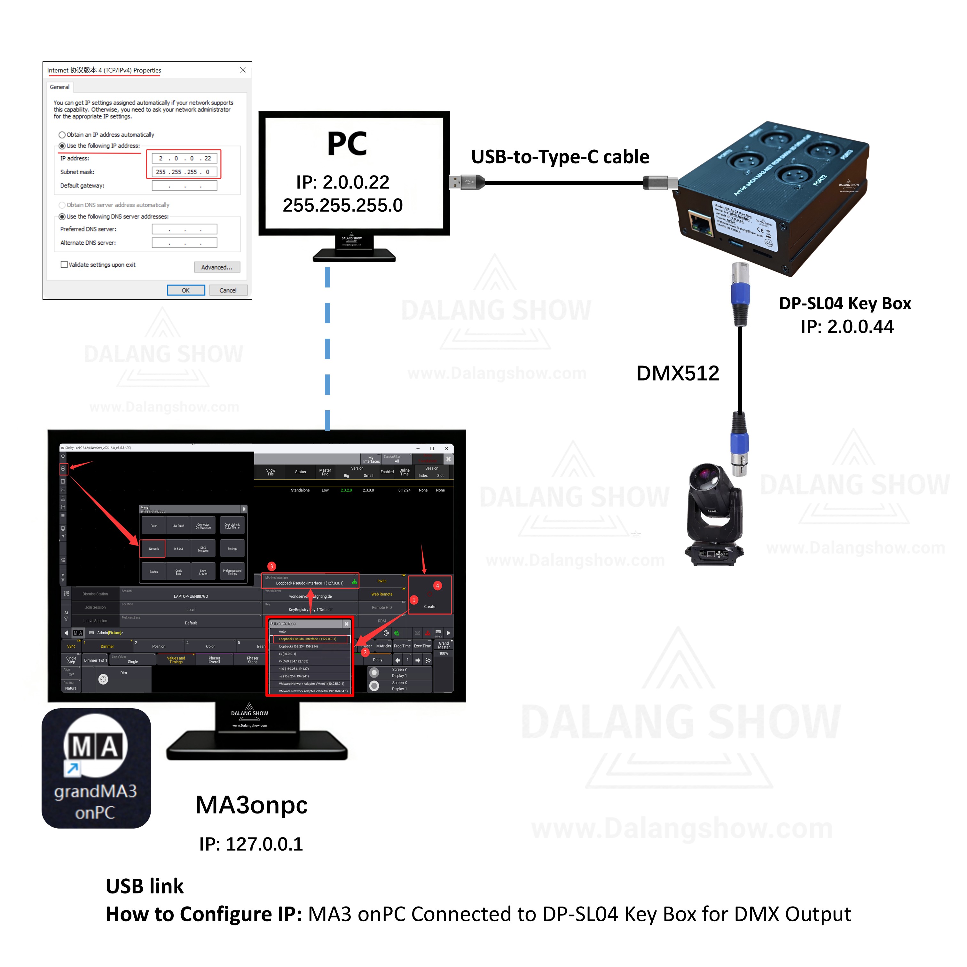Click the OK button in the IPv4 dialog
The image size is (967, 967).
click(186, 290)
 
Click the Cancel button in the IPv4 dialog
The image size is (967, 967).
click(228, 290)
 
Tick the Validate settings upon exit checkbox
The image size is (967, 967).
click(64, 265)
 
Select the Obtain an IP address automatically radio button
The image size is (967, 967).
click(62, 135)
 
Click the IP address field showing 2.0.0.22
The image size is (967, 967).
click(184, 158)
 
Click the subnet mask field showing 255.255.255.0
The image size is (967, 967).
click(184, 172)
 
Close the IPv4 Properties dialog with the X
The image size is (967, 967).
click(243, 70)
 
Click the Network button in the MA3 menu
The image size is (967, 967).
click(154, 548)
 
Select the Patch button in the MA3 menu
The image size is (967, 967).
click(154, 525)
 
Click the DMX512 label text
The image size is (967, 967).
click(677, 373)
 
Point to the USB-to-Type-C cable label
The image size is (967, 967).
click(560, 157)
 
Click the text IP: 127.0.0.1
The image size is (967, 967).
click(251, 845)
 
